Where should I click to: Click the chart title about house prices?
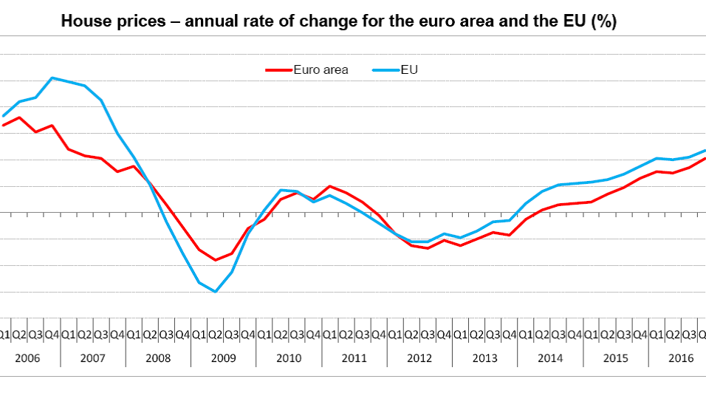pos(338,22)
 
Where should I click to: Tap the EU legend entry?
pos(410,70)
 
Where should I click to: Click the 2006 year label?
pos(27,358)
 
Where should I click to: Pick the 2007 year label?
pos(92,358)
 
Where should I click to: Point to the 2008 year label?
pos(158,358)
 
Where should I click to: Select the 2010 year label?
pos(289,358)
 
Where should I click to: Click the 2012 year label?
pos(419,358)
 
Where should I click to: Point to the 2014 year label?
pos(550,358)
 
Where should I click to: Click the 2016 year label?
pos(680,358)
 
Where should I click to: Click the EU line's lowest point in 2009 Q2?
pos(215,291)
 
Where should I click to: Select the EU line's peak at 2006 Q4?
pos(52,78)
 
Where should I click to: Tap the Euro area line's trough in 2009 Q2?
pos(215,260)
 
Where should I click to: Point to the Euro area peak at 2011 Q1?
pos(329,186)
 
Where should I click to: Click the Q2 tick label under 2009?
pos(215,335)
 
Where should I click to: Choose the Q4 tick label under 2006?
pos(52,335)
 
